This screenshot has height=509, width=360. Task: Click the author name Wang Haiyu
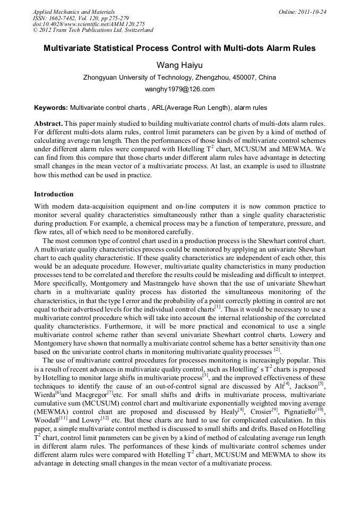[x=179, y=65]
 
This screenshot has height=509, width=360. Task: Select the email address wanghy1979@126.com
[x=179, y=89]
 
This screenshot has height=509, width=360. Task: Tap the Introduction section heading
[x=54, y=194]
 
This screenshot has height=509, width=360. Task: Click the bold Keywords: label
[x=50, y=107]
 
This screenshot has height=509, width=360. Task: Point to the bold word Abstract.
[x=48, y=123]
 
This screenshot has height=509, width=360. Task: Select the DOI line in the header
[x=89, y=24]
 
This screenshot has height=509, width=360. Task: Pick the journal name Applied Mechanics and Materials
[x=74, y=12]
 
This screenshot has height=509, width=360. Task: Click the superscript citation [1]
[x=218, y=307]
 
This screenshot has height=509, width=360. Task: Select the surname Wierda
[x=44, y=395]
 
